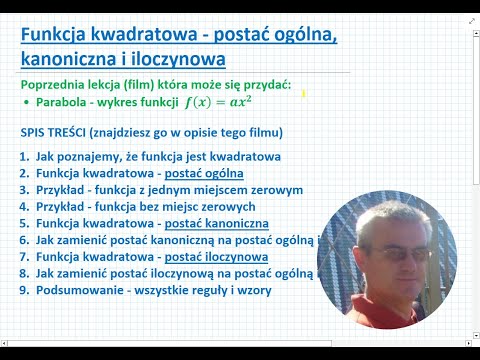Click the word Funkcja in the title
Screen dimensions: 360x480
(58, 36)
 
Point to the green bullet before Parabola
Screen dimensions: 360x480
(24, 103)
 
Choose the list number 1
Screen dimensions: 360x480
(23, 156)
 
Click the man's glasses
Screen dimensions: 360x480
(390, 254)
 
